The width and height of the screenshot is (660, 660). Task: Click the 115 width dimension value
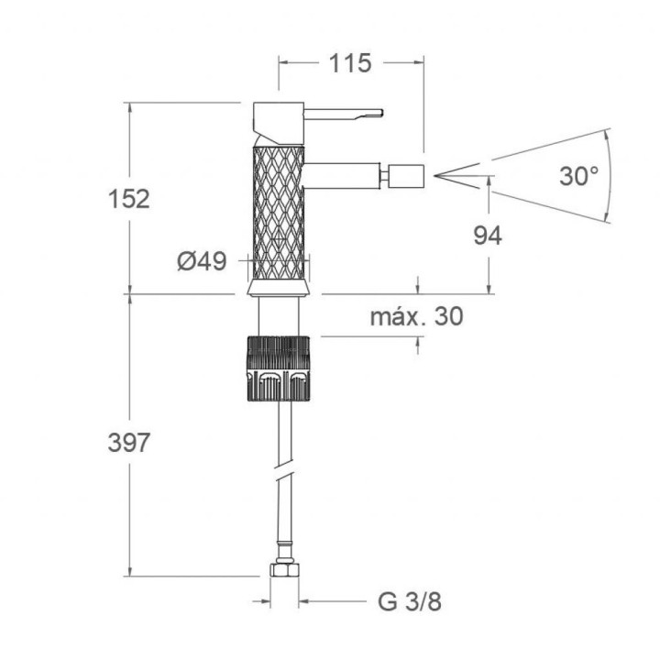350,63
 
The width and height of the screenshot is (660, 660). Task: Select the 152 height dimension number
129,199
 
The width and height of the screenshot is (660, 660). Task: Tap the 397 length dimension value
129,443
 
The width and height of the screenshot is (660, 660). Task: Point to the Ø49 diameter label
202,261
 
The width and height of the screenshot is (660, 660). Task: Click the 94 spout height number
488,236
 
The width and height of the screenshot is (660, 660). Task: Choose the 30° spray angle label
579,176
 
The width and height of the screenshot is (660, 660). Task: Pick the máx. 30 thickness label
417,316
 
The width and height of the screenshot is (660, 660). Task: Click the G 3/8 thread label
410,601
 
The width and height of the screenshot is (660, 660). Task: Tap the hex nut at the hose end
284,569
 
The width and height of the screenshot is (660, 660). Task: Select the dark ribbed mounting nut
279,368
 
